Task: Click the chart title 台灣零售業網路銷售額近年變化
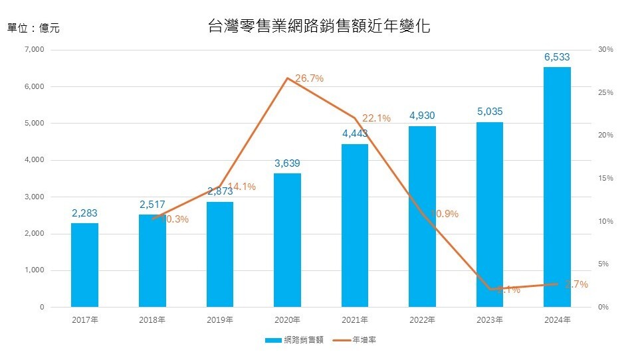[x=319, y=27]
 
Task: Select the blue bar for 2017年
[x=84, y=265]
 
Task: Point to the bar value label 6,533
[x=557, y=58]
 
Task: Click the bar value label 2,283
[x=84, y=213]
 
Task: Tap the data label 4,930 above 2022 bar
[x=422, y=116]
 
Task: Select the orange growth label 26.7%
[x=309, y=78]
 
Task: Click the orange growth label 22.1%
[x=376, y=118]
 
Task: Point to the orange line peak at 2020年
[x=287, y=78]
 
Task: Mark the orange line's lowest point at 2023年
[x=490, y=289]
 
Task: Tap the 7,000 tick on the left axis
[x=34, y=50]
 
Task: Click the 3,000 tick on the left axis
[x=34, y=197]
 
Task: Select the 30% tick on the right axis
[x=605, y=50]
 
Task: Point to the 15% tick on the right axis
[x=605, y=179]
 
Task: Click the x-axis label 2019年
[x=220, y=320]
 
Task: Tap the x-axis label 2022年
[x=422, y=320]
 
